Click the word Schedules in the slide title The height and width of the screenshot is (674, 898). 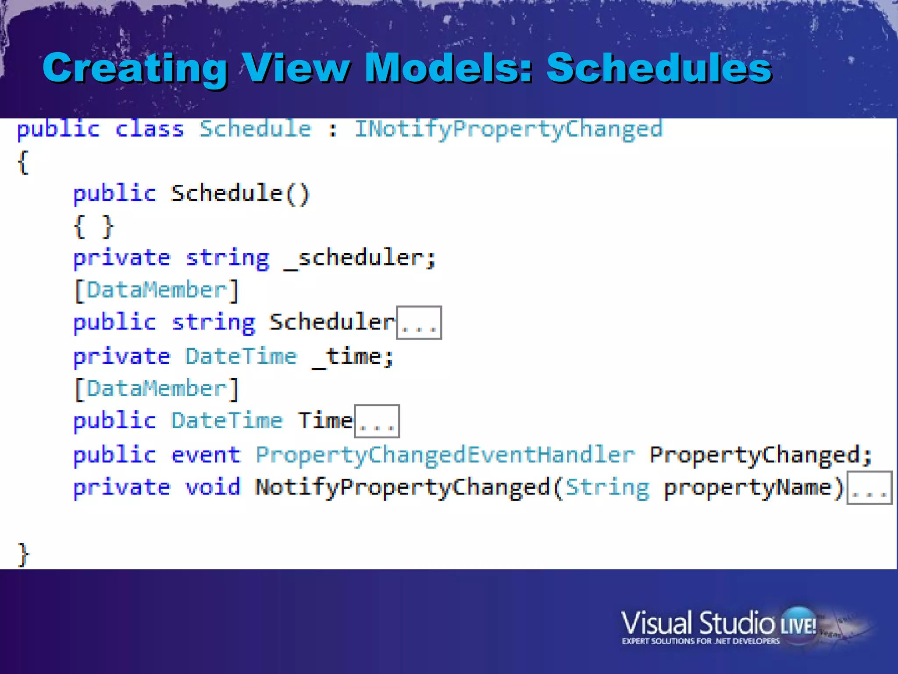click(659, 68)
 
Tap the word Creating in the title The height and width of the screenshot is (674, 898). click(135, 68)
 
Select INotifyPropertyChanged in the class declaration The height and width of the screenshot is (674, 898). click(508, 129)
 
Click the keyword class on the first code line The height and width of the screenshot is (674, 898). click(149, 129)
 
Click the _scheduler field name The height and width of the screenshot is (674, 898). click(360, 258)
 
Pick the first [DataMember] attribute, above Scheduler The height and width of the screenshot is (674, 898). click(157, 290)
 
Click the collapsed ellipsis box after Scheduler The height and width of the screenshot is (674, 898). click(419, 323)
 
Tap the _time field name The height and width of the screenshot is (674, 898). click(353, 356)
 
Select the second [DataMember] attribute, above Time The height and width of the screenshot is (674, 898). click(157, 389)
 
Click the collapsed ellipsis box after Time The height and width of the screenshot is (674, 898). click(377, 422)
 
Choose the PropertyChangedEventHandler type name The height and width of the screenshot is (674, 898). click(445, 455)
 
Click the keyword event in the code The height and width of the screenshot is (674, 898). click(206, 455)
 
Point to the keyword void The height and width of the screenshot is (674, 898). click(213, 487)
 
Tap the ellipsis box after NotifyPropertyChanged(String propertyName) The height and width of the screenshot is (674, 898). click(869, 488)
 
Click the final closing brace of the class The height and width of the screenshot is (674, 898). click(23, 555)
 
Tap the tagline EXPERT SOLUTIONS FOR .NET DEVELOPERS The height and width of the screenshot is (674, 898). click(701, 641)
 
